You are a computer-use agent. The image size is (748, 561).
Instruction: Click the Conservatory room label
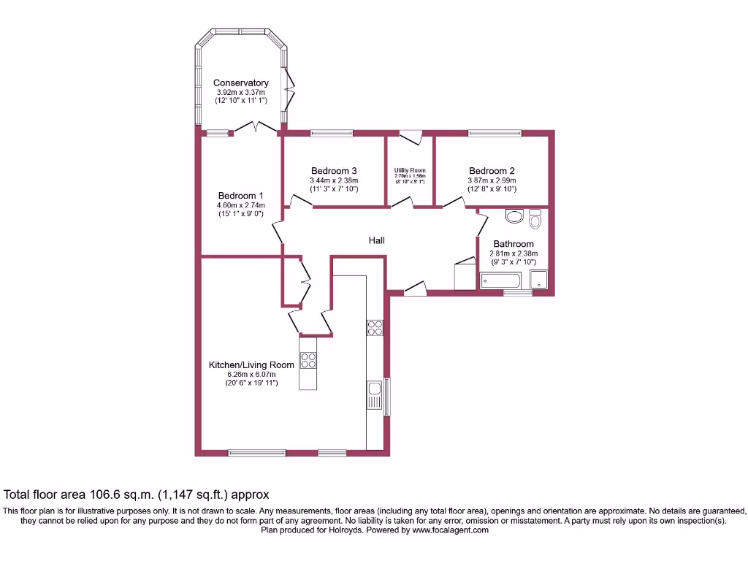point(241,83)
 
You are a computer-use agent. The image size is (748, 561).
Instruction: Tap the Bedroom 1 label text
point(240,195)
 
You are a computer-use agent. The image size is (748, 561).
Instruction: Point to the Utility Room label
point(410,170)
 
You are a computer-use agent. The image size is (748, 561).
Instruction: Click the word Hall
point(376,240)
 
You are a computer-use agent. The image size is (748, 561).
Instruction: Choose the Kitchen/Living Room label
point(251,365)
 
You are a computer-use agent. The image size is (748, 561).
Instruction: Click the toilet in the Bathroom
point(535,218)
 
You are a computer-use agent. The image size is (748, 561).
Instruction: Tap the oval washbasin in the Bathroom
point(514,216)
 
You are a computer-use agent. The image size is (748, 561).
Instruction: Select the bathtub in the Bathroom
point(500,280)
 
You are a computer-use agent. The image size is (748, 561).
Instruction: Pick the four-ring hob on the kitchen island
point(308,362)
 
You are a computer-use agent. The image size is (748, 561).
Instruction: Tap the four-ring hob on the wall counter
point(375,327)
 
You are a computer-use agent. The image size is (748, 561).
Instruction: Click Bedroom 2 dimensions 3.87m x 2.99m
point(492,180)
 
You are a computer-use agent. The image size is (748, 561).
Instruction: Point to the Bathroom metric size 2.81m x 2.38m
point(513,253)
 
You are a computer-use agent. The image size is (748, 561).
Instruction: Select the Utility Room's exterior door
point(411,137)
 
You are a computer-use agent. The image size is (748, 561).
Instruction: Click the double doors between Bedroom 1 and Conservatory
point(256,128)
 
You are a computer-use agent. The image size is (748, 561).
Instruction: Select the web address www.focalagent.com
point(451,530)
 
